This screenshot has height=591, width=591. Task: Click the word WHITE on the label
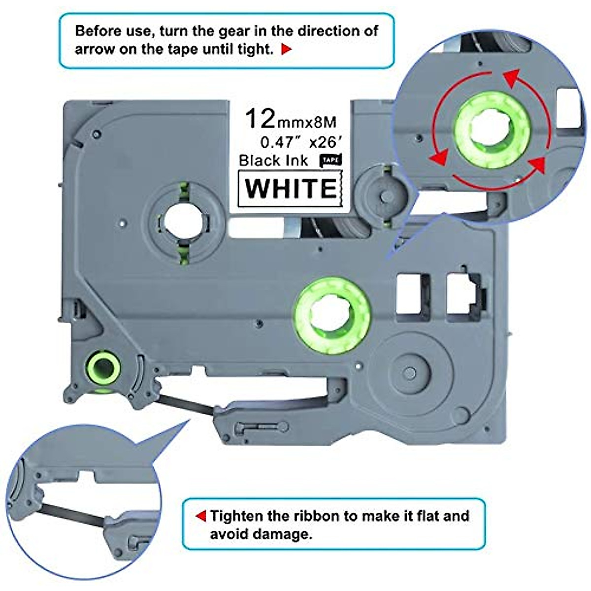(291, 188)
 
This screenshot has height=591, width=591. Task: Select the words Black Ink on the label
(274, 161)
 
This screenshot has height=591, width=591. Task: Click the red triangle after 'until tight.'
(287, 49)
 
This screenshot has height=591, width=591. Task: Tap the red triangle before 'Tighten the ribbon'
(200, 516)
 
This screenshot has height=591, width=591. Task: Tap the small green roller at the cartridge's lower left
(103, 367)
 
